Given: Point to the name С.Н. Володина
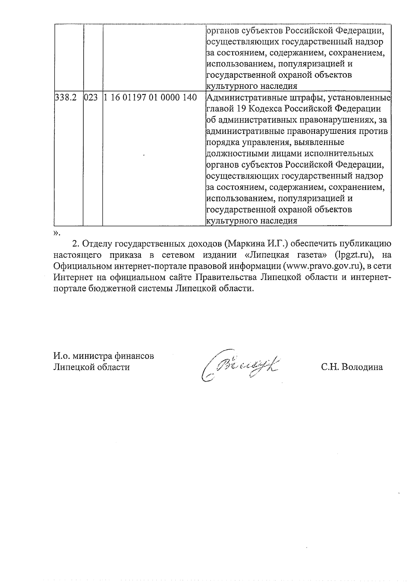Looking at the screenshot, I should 352,367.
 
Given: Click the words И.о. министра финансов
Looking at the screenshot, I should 104,356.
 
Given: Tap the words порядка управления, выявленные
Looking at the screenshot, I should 275,142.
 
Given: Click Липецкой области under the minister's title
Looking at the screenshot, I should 91,367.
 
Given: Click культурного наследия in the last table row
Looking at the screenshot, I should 252,221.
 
